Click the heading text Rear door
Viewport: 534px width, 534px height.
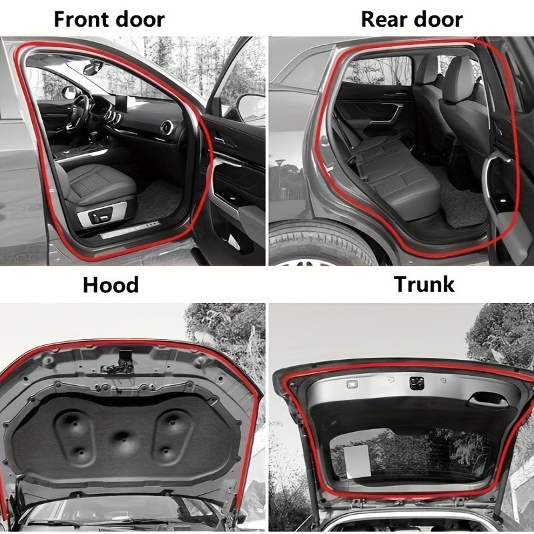click(x=412, y=19)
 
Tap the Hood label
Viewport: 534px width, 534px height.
click(x=111, y=285)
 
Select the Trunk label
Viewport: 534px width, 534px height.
click(x=425, y=284)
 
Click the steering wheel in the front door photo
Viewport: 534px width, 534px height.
click(x=79, y=111)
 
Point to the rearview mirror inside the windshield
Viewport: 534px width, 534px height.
click(x=92, y=67)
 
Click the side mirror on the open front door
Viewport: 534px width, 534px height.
click(x=252, y=108)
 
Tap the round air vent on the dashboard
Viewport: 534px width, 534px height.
click(x=167, y=127)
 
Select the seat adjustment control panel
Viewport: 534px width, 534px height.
click(x=101, y=214)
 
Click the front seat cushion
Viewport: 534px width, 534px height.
click(x=101, y=184)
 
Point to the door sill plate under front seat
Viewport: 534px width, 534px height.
click(x=130, y=230)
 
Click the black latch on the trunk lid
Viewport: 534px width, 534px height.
click(x=417, y=383)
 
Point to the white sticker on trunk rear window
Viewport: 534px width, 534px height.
click(x=357, y=461)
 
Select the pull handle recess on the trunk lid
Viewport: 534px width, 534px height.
click(x=488, y=400)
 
